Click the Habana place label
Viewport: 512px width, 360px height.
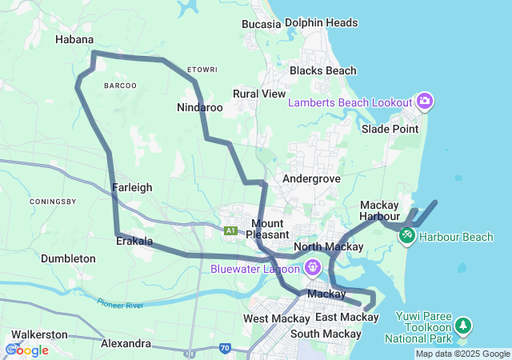click(x=74, y=39)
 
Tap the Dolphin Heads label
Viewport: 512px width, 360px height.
click(x=321, y=23)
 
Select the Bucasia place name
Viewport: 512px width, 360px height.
click(x=262, y=24)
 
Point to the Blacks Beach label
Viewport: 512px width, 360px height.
click(x=322, y=70)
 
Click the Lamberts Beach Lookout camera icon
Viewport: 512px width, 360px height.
click(x=425, y=102)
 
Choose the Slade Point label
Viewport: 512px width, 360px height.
click(x=390, y=129)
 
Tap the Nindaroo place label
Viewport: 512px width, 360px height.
click(x=199, y=106)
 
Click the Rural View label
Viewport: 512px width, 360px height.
click(x=258, y=94)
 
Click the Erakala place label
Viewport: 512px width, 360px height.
click(x=134, y=240)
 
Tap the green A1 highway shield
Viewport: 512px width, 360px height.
click(x=230, y=231)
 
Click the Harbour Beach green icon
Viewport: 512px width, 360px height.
click(x=407, y=236)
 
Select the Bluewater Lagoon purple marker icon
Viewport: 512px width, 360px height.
click(x=310, y=266)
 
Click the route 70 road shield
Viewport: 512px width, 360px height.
click(x=225, y=349)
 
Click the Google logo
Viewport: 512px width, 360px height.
click(x=27, y=350)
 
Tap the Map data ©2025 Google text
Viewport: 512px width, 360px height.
click(x=462, y=354)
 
